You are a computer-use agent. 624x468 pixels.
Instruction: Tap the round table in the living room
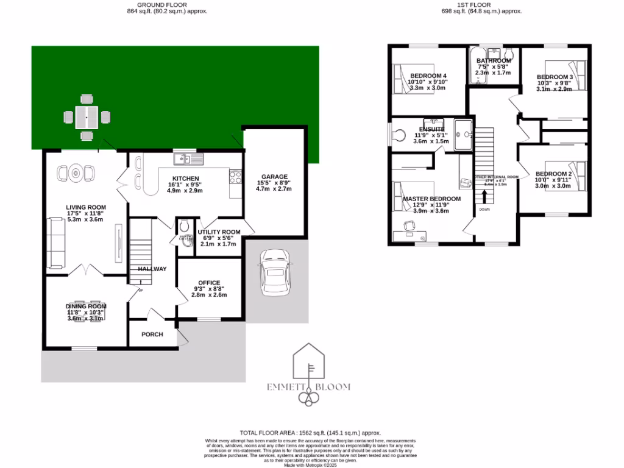pos(76,173)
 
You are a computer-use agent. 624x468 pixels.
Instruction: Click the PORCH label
pos(152,334)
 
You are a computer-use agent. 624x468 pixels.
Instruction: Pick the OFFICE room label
pos(210,282)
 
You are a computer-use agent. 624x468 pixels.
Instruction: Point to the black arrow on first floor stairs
pos(484,196)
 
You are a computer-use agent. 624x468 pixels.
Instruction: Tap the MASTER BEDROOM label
pos(431,199)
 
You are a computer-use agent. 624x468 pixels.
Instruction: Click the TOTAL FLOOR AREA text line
pos(311,432)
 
